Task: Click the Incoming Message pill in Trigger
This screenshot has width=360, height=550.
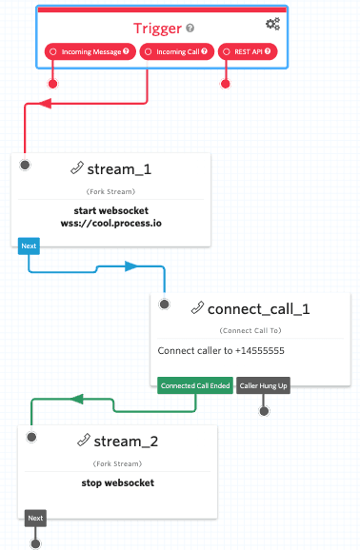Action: pos(90,50)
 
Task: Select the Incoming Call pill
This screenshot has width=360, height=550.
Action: pos(176,50)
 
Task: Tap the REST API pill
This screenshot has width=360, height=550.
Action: pos(249,50)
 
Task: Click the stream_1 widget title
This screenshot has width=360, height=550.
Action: pos(119,171)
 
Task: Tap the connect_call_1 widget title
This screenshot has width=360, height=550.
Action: pos(257,308)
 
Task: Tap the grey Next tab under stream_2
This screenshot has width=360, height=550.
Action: pos(35,519)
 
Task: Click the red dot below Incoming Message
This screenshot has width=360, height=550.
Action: pos(52,84)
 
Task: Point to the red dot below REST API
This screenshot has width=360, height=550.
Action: pos(226,84)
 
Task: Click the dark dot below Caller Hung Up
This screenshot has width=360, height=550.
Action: pos(264,410)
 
